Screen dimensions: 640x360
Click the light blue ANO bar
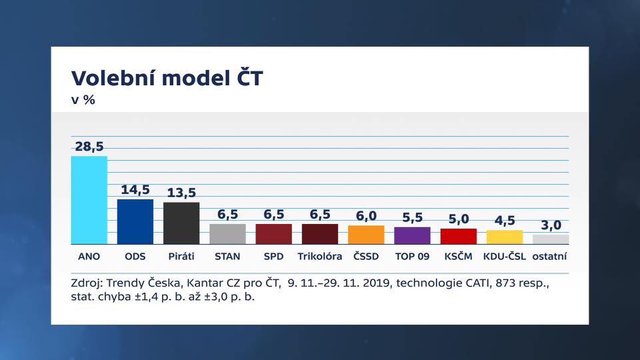pyautogui.click(x=89, y=200)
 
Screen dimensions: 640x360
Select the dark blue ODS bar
pyautogui.click(x=135, y=221)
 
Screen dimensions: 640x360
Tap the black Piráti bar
pyautogui.click(x=181, y=223)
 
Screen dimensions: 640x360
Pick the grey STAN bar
pyautogui.click(x=227, y=234)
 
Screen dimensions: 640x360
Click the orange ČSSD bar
pyautogui.click(x=366, y=235)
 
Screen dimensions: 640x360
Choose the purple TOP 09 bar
pyautogui.click(x=412, y=235)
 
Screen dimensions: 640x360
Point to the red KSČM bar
pyautogui.click(x=459, y=236)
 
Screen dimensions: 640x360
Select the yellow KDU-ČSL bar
pyautogui.click(x=505, y=237)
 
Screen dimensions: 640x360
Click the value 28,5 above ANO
pyautogui.click(x=89, y=147)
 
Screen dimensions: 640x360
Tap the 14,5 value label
pyautogui.click(x=135, y=190)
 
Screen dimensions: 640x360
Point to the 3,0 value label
pyautogui.click(x=551, y=225)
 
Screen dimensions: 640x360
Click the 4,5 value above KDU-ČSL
pyautogui.click(x=505, y=221)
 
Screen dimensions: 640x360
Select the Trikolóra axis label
pyautogui.click(x=319, y=256)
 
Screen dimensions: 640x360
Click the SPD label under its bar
pyautogui.click(x=273, y=256)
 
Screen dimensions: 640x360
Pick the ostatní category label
pyautogui.click(x=549, y=256)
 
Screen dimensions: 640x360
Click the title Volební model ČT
pyautogui.click(x=167, y=77)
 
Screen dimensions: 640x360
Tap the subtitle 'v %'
pyautogui.click(x=83, y=100)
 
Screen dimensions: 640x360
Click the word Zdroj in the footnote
pyautogui.click(x=87, y=283)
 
